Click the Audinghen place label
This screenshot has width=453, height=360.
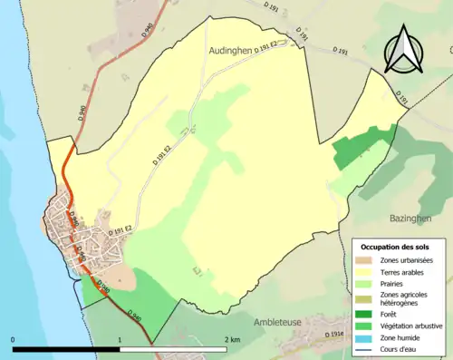point(238,53)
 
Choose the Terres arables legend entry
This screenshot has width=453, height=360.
point(403,271)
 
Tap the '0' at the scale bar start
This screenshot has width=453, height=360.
point(13,339)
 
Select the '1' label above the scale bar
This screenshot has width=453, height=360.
point(120,339)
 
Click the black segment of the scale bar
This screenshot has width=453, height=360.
point(66,349)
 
